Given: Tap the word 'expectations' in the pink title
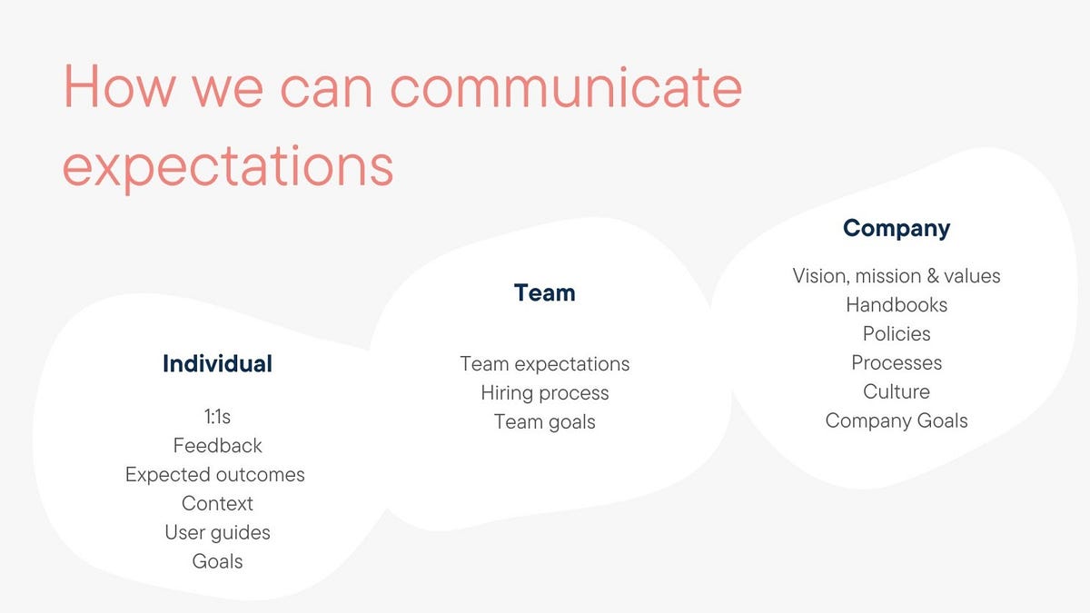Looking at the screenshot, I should click(227, 166).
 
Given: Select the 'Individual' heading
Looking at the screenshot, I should click(217, 364).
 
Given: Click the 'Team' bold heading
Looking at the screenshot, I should click(544, 293).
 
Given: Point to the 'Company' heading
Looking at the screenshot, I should click(896, 228).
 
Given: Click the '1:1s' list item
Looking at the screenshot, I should click(217, 417).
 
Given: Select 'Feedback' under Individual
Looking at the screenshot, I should click(217, 446).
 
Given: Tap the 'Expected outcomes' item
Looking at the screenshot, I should click(215, 475).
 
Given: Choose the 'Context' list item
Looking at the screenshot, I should click(217, 503).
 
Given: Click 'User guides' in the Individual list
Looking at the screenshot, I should click(217, 532).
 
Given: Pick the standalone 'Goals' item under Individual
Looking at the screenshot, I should click(217, 561).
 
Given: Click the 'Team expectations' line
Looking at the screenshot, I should click(544, 364).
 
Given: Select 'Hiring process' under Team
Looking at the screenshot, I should click(544, 393).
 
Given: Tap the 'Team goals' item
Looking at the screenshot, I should click(544, 422).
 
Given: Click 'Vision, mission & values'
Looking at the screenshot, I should click(896, 276).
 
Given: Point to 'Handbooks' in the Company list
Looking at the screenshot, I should click(896, 305).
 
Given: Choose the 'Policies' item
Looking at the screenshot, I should click(896, 334).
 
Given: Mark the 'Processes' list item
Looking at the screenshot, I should click(896, 363).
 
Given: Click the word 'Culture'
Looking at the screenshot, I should click(896, 392).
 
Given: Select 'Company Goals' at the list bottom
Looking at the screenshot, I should click(896, 421).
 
